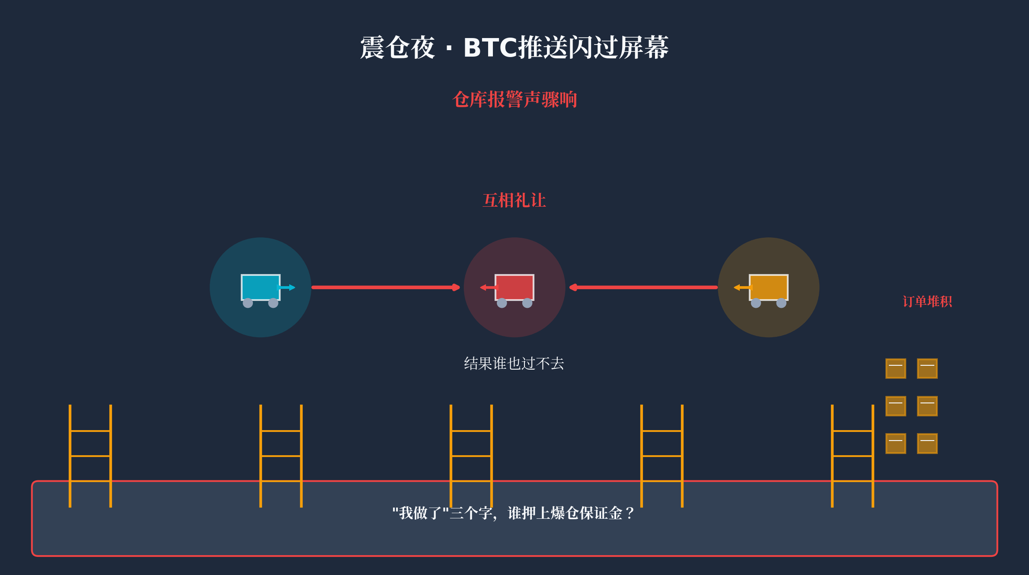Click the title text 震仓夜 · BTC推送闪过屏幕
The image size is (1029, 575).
[514, 48]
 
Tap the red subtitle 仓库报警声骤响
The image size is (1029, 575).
[514, 99]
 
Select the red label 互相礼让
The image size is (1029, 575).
[514, 201]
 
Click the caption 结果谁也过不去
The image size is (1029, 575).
[514, 364]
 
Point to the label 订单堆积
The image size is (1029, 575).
[927, 301]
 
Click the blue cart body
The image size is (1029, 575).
[259, 287]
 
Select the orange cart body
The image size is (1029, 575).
[769, 287]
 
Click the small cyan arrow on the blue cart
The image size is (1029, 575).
[287, 287]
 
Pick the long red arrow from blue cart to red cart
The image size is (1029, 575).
[385, 287]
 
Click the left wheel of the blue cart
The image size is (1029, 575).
[248, 303]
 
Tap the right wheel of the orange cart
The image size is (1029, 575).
[781, 303]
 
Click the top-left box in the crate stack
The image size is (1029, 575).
[895, 368]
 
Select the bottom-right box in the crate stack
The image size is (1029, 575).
[927, 444]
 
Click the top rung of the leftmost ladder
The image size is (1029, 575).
[90, 431]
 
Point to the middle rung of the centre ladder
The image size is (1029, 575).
[471, 456]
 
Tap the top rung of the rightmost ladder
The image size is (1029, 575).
[853, 431]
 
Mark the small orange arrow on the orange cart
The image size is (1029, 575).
[743, 287]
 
